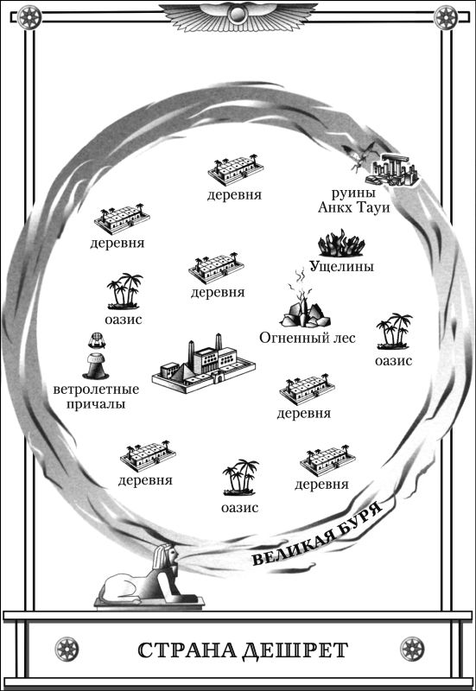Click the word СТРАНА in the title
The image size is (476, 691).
[x=187, y=650]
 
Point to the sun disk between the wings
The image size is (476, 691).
[x=238, y=16]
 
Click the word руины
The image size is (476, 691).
[x=353, y=193]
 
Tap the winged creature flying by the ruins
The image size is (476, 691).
[x=364, y=156]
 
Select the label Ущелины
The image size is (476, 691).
[x=341, y=266]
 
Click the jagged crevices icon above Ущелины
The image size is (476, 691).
[x=341, y=245]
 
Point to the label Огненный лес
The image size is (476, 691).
[x=308, y=338]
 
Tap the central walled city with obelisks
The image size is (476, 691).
[x=204, y=365]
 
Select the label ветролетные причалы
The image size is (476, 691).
[x=96, y=396]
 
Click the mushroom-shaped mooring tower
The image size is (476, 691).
[x=96, y=365]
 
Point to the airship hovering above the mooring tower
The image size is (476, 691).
[x=96, y=340]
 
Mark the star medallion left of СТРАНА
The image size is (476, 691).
[x=67, y=650]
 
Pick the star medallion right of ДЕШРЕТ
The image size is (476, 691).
[x=412, y=650]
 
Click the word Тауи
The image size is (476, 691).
[x=373, y=207]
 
